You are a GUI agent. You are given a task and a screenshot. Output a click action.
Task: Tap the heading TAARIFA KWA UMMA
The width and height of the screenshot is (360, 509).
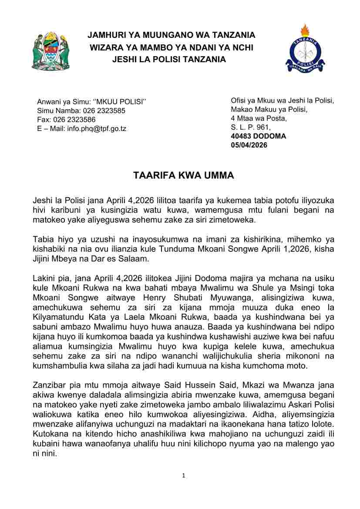(183, 176)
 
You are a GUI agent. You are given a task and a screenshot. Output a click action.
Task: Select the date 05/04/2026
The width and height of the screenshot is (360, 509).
(249, 145)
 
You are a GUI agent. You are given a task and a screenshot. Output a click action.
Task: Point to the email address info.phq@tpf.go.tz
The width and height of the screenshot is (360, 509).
(97, 128)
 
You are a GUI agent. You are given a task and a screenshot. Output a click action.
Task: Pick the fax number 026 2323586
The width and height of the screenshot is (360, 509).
(75, 120)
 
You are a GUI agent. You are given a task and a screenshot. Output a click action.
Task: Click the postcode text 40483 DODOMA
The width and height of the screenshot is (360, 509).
(252, 136)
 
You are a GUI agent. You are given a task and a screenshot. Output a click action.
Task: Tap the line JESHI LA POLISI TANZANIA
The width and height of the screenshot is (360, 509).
(169, 59)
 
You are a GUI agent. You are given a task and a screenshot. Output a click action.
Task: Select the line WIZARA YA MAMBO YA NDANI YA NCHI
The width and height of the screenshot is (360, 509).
(171, 47)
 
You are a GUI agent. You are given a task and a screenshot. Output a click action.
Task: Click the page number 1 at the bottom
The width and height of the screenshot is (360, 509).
(184, 476)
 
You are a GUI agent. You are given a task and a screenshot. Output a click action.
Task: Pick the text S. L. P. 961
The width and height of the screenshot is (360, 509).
(250, 127)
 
